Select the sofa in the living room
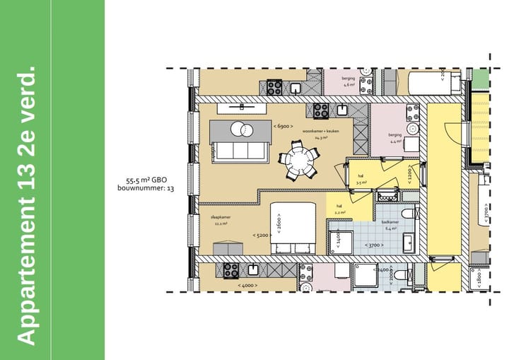coord(240,151)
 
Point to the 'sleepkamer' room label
coord(220,217)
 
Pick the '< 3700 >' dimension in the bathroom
coord(374,245)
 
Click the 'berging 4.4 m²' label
coord(394,137)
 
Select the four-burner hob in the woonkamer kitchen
coord(320,111)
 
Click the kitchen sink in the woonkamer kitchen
coord(341,110)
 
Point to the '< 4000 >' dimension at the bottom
coord(247,285)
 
